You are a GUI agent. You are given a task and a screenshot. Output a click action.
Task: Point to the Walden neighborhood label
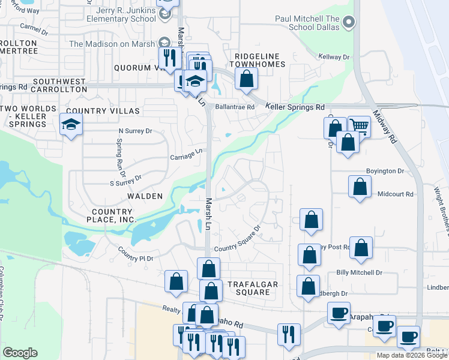point(144,196)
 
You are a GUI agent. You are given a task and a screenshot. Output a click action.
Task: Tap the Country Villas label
point(103,111)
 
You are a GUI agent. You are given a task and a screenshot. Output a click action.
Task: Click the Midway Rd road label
point(385,127)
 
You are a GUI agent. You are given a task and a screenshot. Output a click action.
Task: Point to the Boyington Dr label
point(384,171)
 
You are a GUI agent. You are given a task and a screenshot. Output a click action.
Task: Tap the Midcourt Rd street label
point(396,194)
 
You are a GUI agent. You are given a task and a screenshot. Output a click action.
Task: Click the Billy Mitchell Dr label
point(359,272)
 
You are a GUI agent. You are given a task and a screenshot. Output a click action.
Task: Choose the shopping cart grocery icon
point(359,125)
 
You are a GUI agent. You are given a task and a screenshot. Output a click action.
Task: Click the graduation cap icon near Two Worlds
point(71,124)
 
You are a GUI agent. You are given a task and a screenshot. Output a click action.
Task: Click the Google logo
point(20,353)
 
